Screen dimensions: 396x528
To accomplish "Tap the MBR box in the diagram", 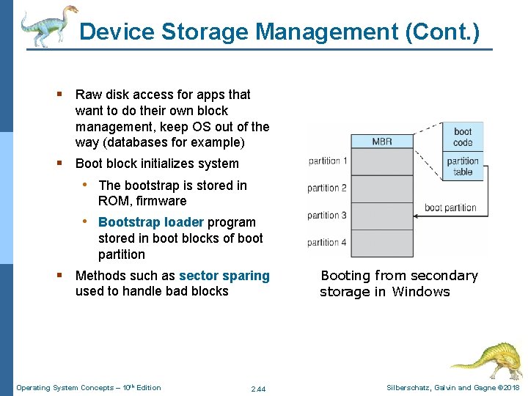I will tap(382, 141).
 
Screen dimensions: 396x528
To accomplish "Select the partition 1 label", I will tap(328, 161).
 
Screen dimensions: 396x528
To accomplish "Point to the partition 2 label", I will tap(328, 188).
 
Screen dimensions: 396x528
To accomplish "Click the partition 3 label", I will tap(328, 215).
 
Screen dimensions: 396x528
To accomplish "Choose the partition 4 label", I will tap(328, 242).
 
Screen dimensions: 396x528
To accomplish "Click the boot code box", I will tap(463, 137).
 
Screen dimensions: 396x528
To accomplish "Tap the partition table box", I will tap(463, 166).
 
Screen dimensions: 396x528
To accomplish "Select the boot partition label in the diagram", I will tap(450, 208).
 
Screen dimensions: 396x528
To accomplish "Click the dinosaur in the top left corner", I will tap(48, 26).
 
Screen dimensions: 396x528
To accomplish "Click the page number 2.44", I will tap(258, 389).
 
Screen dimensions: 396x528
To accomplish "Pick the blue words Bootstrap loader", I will tap(151, 222).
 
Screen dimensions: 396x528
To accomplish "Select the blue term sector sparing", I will tap(224, 276).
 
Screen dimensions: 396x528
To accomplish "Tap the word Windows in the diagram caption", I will tap(421, 292).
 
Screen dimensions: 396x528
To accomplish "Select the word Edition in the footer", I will tap(147, 387).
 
